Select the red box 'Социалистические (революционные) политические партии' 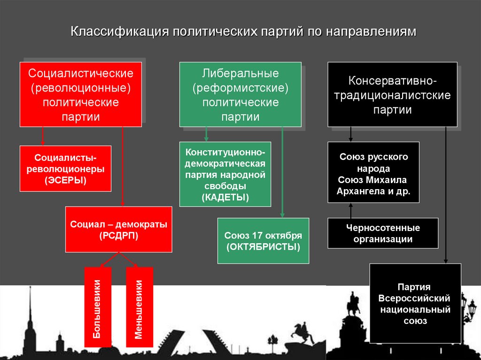click(x=81, y=94)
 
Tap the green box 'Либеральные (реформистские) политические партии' click(x=240, y=94)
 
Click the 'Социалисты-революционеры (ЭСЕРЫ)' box click(x=66, y=168)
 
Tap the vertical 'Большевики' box click(x=98, y=308)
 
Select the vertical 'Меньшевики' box click(x=140, y=308)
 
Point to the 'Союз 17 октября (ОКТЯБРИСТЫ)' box click(x=263, y=241)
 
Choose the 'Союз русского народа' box click(x=373, y=172)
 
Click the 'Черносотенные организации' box click(x=383, y=233)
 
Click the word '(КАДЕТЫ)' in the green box click(x=225, y=198)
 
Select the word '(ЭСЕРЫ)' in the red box click(x=66, y=180)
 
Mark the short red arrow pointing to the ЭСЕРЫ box click(x=43, y=136)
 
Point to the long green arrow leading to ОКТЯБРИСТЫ click(x=282, y=174)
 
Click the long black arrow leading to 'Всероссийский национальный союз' click(x=445, y=197)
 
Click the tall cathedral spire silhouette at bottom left click(x=29, y=314)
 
